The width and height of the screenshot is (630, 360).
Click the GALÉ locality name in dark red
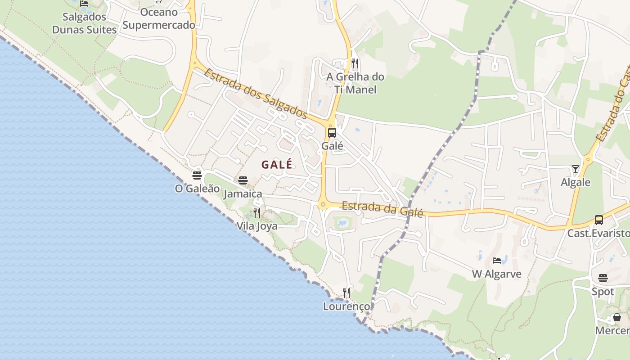point(277,165)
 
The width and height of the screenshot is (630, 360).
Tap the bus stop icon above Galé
point(332,133)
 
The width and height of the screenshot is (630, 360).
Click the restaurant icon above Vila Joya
point(257,213)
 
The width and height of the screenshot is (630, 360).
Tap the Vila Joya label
point(257,226)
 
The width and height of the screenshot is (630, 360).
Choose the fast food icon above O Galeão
point(197,175)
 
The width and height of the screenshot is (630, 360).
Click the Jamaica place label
point(243,194)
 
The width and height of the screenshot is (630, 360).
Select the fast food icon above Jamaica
point(243,180)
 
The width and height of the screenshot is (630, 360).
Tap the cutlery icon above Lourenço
point(346,293)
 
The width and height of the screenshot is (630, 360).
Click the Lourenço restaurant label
point(346,306)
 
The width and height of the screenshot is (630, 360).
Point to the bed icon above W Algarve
point(497,261)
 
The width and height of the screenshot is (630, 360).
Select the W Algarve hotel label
point(497,274)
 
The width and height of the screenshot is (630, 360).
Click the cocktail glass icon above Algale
point(576,169)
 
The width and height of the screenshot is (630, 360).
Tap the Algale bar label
point(576,182)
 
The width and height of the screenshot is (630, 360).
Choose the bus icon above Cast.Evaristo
point(599,220)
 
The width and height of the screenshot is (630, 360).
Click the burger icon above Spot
point(603,278)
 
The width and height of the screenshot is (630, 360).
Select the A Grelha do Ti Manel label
point(355,83)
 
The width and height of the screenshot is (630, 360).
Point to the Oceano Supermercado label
point(159,18)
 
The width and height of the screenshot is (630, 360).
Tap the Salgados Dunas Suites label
point(85,23)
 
